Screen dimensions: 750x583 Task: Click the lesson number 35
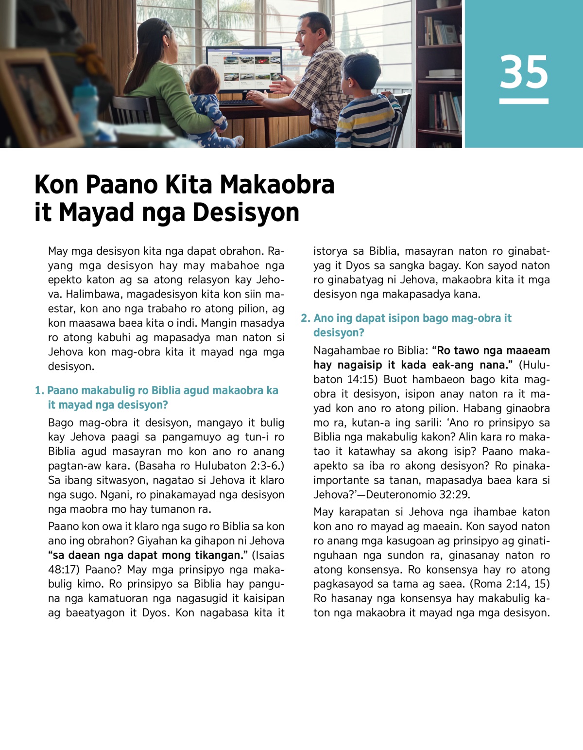click(x=524, y=72)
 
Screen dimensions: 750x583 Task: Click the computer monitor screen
click(x=244, y=69)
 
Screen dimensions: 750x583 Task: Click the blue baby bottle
click(x=85, y=105)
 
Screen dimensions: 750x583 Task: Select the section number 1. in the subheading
click(x=39, y=391)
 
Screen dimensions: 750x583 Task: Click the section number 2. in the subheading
click(x=306, y=318)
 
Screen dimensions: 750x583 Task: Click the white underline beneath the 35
click(x=524, y=101)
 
